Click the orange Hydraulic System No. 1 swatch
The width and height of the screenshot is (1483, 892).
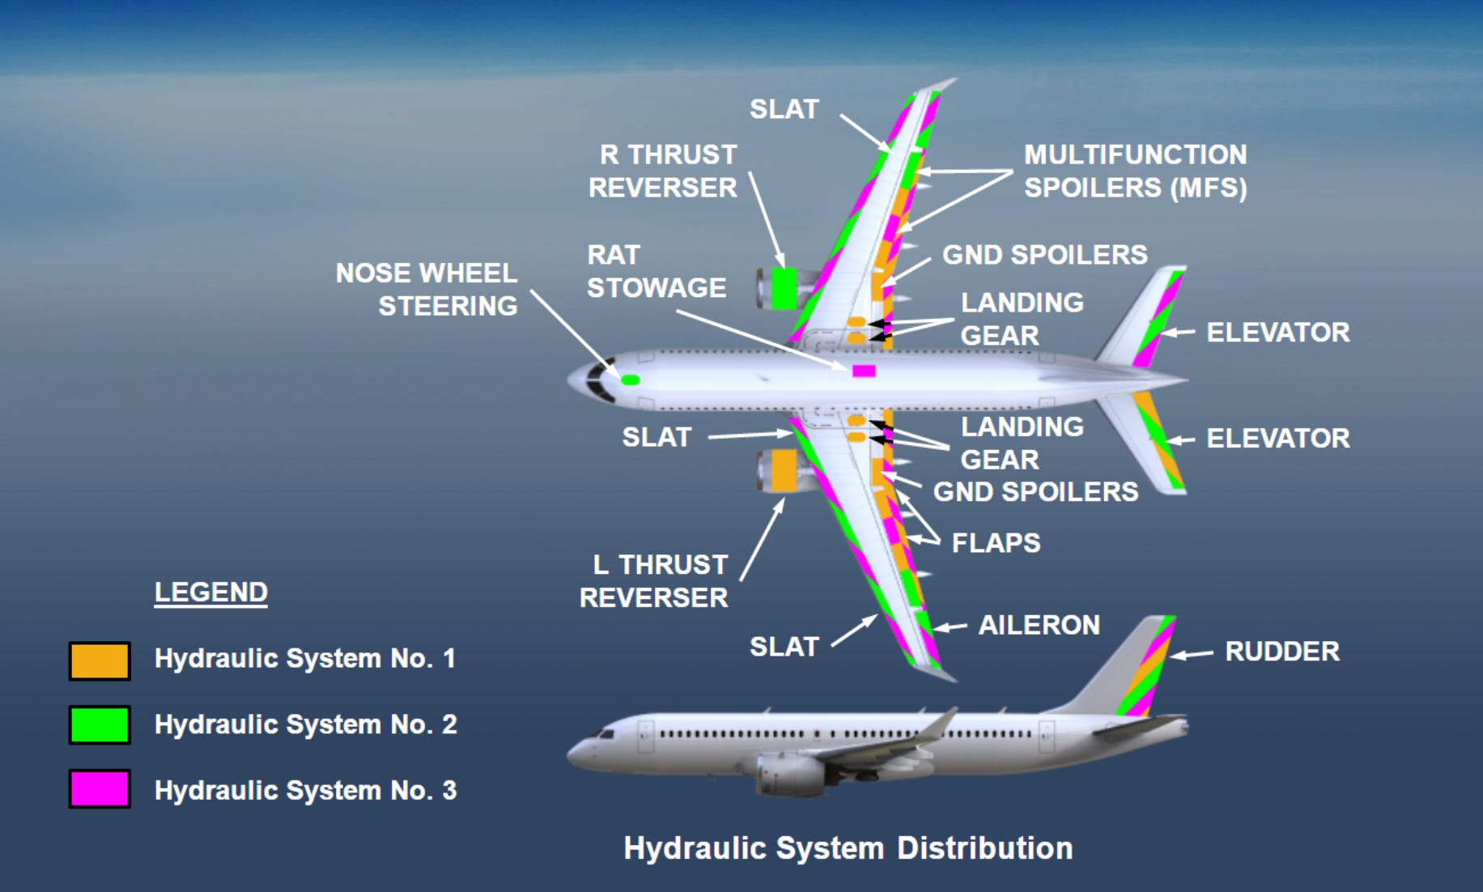pyautogui.click(x=99, y=661)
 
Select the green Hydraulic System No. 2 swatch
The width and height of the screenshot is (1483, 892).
pyautogui.click(x=99, y=724)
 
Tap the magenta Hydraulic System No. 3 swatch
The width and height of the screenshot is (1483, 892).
pyautogui.click(x=99, y=789)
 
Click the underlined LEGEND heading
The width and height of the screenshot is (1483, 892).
pyautogui.click(x=210, y=593)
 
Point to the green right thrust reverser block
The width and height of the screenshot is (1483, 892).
pyautogui.click(x=783, y=288)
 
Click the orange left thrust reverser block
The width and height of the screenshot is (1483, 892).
pyautogui.click(x=784, y=469)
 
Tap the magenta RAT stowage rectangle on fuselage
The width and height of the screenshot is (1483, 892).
pyautogui.click(x=864, y=371)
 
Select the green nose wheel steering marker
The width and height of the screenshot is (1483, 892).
pyautogui.click(x=630, y=380)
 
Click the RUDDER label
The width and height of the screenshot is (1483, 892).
pyautogui.click(x=1281, y=652)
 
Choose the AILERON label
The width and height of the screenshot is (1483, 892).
pyautogui.click(x=1039, y=625)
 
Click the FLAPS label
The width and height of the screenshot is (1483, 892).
pyautogui.click(x=996, y=542)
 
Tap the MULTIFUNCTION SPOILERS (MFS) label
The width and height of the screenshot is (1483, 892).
pyautogui.click(x=1135, y=171)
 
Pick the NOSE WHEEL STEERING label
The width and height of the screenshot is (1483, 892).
pyautogui.click(x=427, y=289)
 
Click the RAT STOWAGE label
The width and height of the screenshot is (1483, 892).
pyautogui.click(x=656, y=271)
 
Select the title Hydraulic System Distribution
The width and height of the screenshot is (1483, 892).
pyautogui.click(x=848, y=848)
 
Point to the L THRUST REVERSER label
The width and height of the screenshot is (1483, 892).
pyautogui.click(x=654, y=581)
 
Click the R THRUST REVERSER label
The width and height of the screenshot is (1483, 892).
pyautogui.click(x=663, y=171)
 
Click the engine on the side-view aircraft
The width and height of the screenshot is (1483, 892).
pyautogui.click(x=789, y=773)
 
